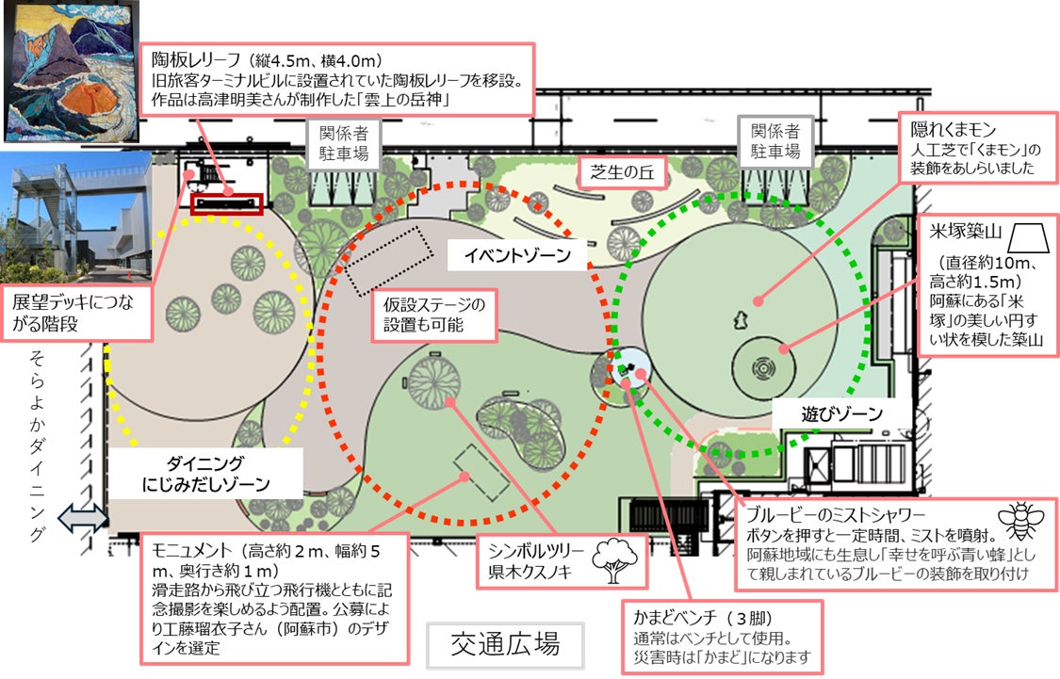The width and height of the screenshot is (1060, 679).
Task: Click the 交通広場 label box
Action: click(x=506, y=645)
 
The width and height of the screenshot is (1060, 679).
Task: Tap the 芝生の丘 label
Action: click(x=622, y=172)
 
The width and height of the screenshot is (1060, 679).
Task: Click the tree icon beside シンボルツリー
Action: click(x=613, y=562)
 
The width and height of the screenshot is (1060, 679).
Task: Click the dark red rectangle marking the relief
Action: click(x=226, y=203)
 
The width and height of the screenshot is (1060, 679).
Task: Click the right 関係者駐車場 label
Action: click(x=775, y=142)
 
